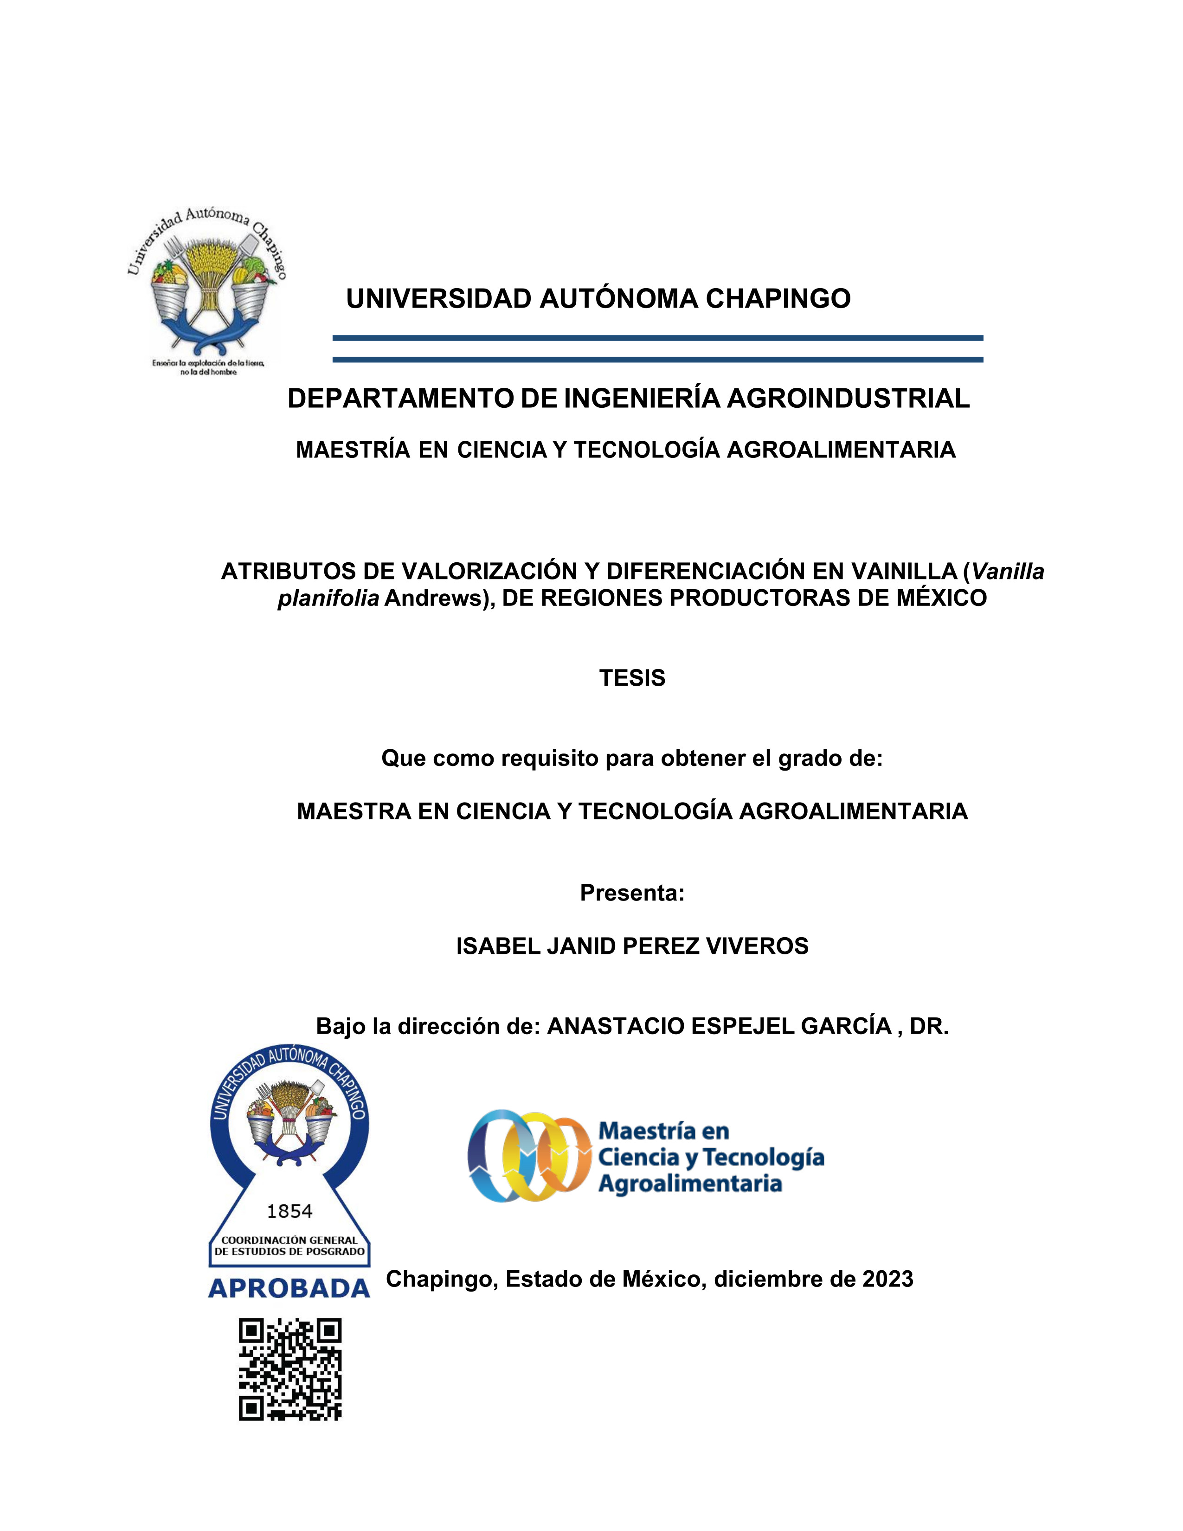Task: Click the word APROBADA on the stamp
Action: point(289,1288)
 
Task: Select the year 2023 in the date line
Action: point(887,1279)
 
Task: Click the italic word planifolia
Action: point(328,598)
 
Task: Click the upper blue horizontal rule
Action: point(657,338)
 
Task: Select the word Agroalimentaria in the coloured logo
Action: point(689,1184)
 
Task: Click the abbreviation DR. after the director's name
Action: point(929,1026)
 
